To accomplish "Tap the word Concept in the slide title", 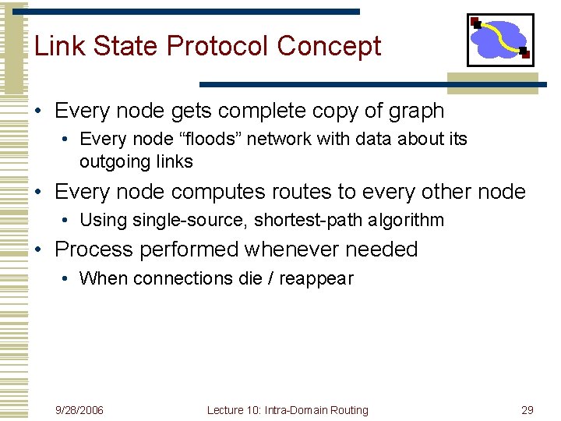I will point(329,46).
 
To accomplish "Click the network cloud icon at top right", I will point(499,39).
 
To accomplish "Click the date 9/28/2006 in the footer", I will point(79,410).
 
